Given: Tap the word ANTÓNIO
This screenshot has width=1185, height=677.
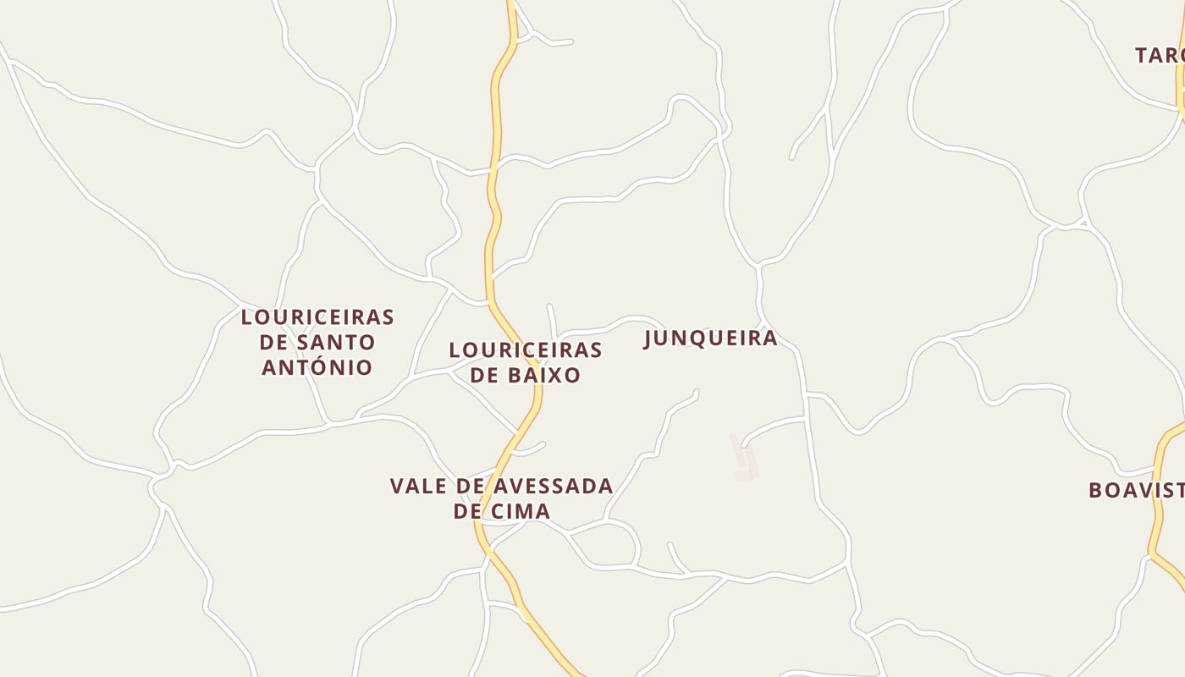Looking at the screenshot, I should (x=317, y=367).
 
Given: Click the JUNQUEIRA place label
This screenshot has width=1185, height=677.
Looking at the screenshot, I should (x=710, y=338).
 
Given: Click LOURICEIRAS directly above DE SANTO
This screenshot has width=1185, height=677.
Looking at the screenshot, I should (x=317, y=317).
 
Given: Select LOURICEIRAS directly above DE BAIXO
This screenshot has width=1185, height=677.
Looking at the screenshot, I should (x=526, y=350).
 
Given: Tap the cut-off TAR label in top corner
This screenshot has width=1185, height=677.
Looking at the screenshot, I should (x=1159, y=56).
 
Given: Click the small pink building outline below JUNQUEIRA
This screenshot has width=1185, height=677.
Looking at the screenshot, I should (x=745, y=460).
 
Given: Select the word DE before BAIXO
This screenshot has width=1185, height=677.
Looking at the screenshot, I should (x=484, y=375).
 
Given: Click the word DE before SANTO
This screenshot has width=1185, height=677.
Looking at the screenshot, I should (x=273, y=343).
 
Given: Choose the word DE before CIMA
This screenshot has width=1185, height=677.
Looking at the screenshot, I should (x=467, y=511).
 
